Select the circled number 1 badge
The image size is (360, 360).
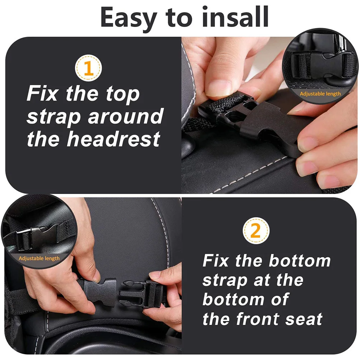click(88, 68)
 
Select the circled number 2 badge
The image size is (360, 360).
click(255, 231)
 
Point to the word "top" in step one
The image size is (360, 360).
click(122, 94)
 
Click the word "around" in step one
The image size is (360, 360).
click(125, 116)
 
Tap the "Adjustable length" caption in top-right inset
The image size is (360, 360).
click(320, 94)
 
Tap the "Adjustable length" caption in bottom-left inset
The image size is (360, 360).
click(39, 258)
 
